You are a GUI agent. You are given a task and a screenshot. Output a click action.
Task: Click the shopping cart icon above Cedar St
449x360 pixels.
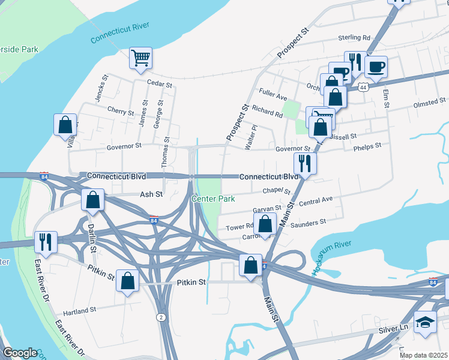[140, 59]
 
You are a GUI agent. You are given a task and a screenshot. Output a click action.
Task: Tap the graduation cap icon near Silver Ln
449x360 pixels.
[426, 322]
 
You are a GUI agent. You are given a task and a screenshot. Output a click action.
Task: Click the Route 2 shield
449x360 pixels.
[160, 316]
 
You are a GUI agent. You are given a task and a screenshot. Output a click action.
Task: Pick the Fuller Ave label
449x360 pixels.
[273, 94]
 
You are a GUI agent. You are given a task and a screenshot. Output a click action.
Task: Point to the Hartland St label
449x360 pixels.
[80, 311]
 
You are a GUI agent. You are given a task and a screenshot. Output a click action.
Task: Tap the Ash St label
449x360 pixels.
[151, 194]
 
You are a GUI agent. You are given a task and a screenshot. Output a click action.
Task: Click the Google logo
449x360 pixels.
[19, 353]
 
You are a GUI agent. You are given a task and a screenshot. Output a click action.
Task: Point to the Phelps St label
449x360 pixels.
[367, 147]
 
